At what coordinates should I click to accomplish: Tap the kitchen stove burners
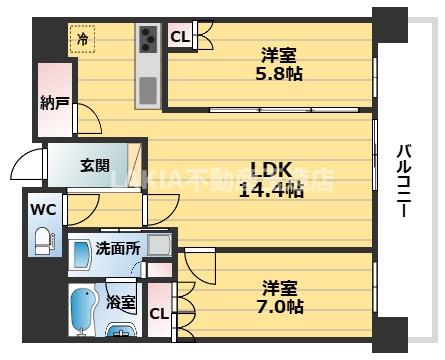(148, 40)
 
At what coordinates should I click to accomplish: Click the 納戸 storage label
(54, 102)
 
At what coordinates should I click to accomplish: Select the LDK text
(270, 170)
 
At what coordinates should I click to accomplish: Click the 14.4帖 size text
(270, 191)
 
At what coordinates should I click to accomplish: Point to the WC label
(41, 211)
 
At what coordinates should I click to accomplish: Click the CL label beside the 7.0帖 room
(158, 313)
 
